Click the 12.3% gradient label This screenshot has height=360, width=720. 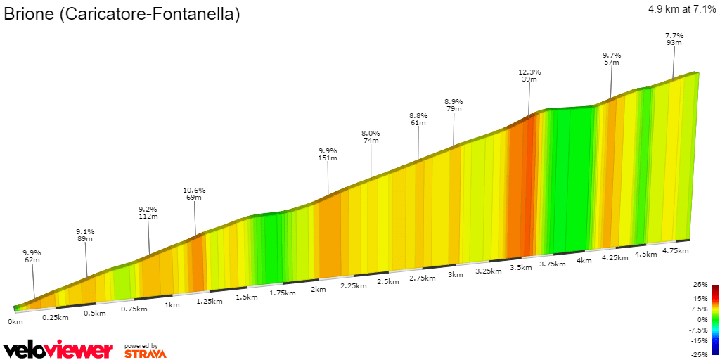529,72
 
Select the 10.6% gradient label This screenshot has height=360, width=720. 194,190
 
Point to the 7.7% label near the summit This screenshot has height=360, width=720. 674,35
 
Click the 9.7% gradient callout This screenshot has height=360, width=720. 612,55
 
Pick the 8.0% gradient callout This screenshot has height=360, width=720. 371,133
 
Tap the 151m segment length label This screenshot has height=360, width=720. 328,158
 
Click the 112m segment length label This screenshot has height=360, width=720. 148,217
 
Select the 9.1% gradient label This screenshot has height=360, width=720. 86,231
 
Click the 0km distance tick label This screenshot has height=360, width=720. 15,321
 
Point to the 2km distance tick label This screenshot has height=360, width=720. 318,290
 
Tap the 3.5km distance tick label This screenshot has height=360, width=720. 521,268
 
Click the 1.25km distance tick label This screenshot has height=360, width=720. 210,301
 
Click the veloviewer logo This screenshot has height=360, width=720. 58,349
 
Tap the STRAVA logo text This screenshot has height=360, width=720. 145,354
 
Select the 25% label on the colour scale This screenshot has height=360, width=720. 700,285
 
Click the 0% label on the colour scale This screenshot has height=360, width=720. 702,319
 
